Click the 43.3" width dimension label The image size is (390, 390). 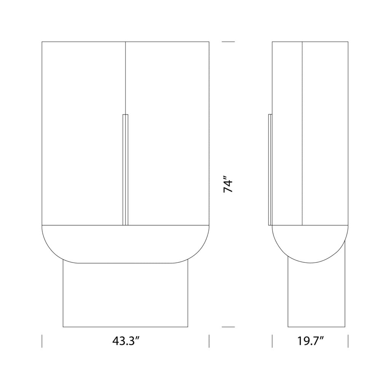click(125, 341)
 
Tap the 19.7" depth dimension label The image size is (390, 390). click(310, 341)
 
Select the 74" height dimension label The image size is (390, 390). click(228, 184)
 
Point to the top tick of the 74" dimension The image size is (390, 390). click(228, 42)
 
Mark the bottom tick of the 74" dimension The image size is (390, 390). click(228, 327)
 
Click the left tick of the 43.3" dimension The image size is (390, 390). click(42, 341)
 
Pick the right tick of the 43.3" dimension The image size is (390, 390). click(209, 341)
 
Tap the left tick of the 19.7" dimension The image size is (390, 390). click(272, 341)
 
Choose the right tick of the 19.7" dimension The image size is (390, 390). click(348, 341)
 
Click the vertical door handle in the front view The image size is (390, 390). click(125, 169)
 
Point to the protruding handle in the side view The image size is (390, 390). click(270, 169)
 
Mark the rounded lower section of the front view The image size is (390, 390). click(125, 244)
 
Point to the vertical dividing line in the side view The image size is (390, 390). click(302, 133)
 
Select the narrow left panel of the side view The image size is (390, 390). click(287, 133)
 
